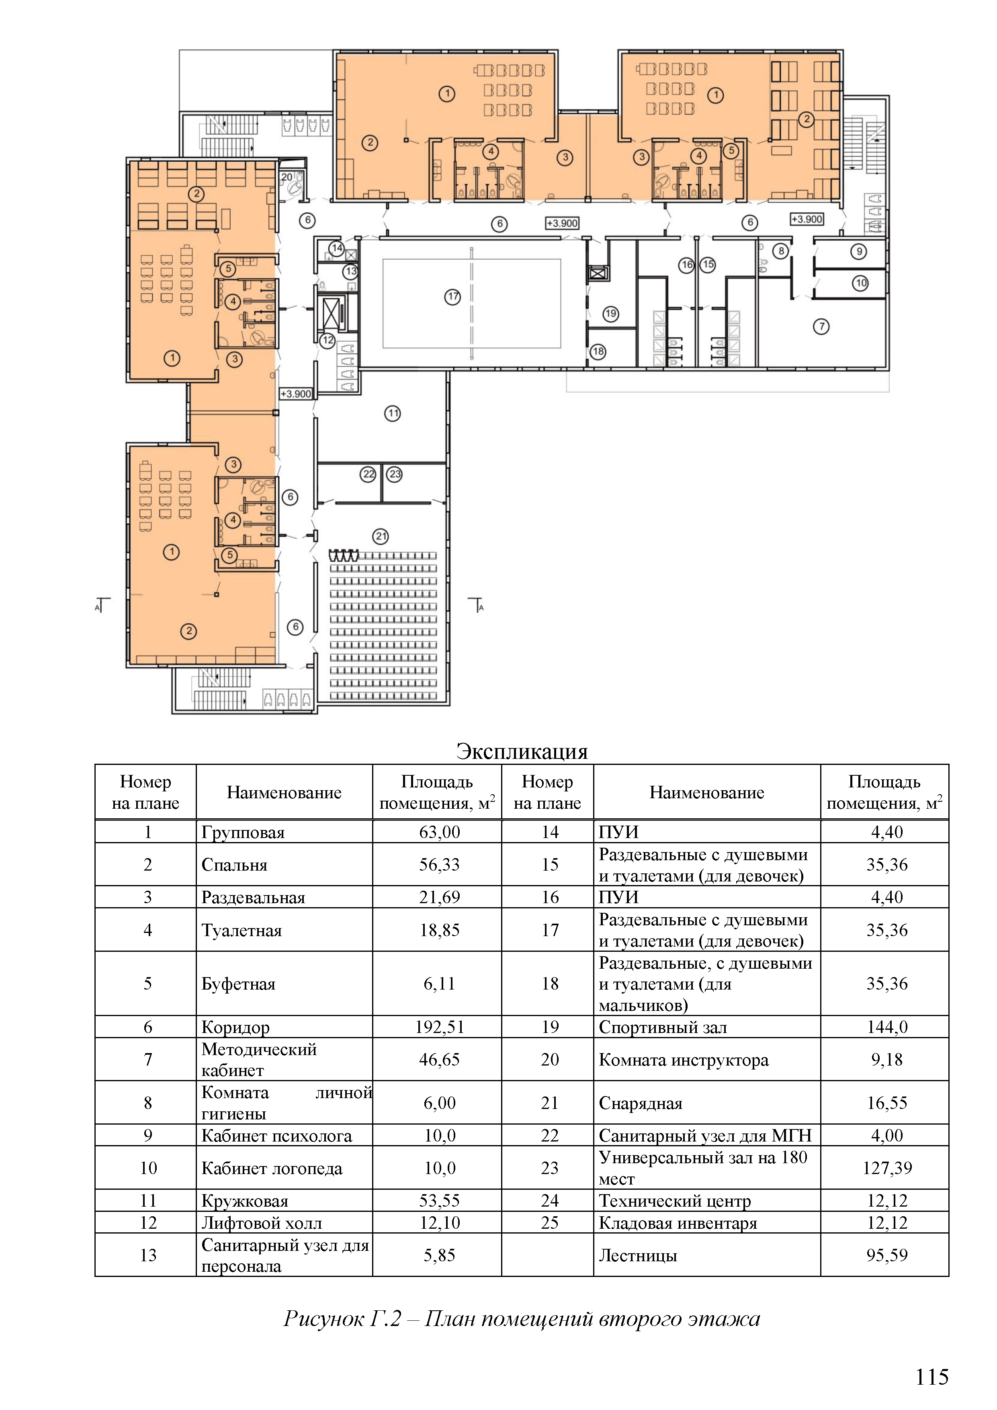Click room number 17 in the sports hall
[x=452, y=297]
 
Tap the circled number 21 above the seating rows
[x=381, y=536]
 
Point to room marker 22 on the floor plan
[x=368, y=474]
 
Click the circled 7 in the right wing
[x=821, y=326]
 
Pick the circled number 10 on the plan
[x=860, y=283]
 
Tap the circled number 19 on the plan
[x=610, y=314]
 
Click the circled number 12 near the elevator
[x=328, y=340]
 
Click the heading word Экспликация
[x=522, y=751]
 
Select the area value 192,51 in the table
[x=440, y=1027]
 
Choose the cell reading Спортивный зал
[x=663, y=1027]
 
